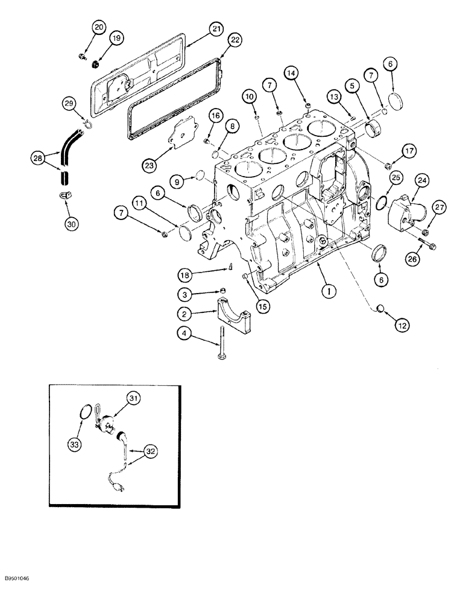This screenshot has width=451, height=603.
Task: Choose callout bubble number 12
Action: click(x=402, y=325)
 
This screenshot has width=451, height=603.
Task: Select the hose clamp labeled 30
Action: click(x=68, y=195)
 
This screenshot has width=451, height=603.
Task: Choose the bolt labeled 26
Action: click(x=417, y=247)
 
